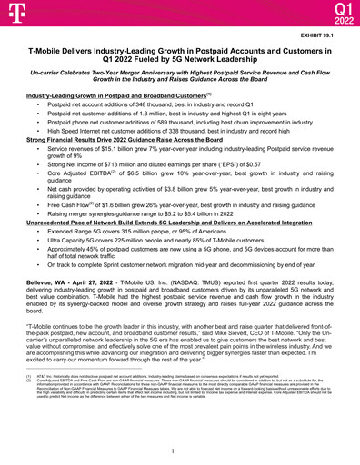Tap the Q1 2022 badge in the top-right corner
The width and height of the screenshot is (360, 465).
(x=341, y=13)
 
